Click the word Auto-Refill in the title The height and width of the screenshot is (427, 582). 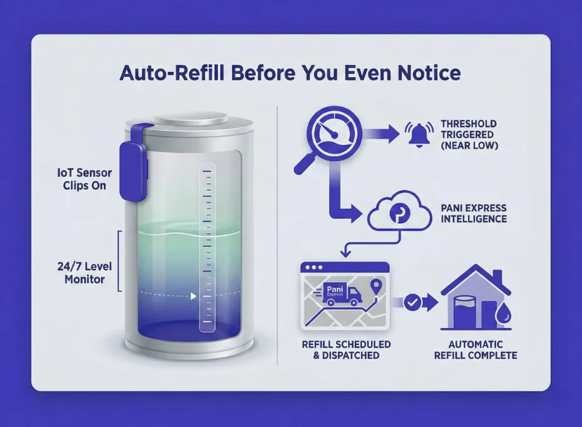172,73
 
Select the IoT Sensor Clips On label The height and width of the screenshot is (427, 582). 84,179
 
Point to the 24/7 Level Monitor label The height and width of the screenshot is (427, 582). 84,273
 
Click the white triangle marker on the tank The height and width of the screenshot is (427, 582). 193,296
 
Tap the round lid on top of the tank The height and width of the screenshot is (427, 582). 189,120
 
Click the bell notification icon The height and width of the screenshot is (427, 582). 419,134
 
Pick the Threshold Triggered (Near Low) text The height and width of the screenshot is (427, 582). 469,135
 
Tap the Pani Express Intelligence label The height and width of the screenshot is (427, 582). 474,213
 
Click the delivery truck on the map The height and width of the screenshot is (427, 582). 339,294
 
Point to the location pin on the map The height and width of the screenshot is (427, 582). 376,287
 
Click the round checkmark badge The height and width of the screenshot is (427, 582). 412,302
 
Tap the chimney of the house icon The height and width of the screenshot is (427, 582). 497,277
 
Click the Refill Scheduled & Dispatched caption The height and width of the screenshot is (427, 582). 346,350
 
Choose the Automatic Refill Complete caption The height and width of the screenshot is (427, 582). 476,350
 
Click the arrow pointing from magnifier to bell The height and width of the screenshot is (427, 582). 381,134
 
